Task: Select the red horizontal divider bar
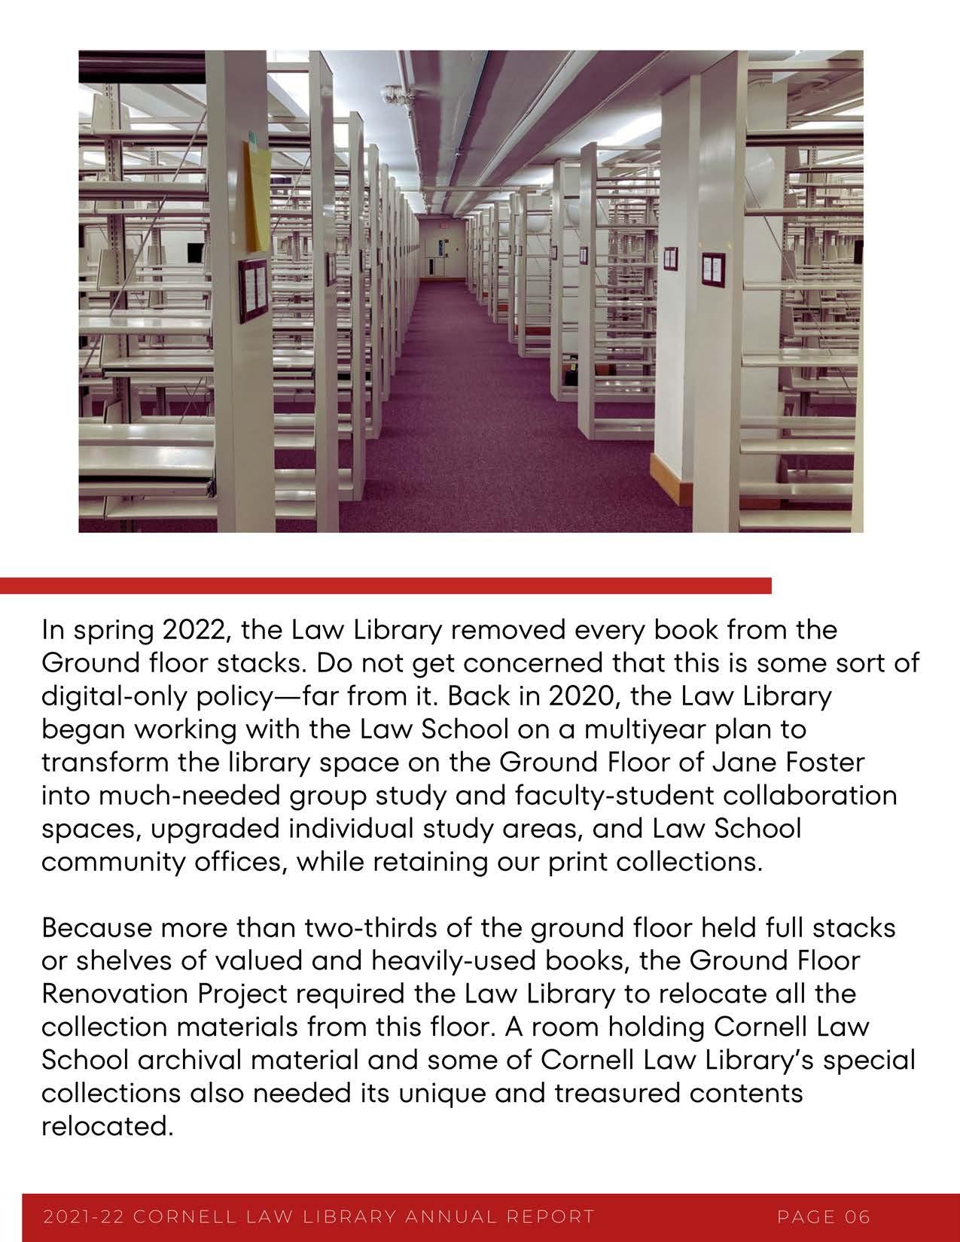pos(386,586)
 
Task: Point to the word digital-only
pos(114,695)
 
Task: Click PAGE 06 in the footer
pos(824,1216)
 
